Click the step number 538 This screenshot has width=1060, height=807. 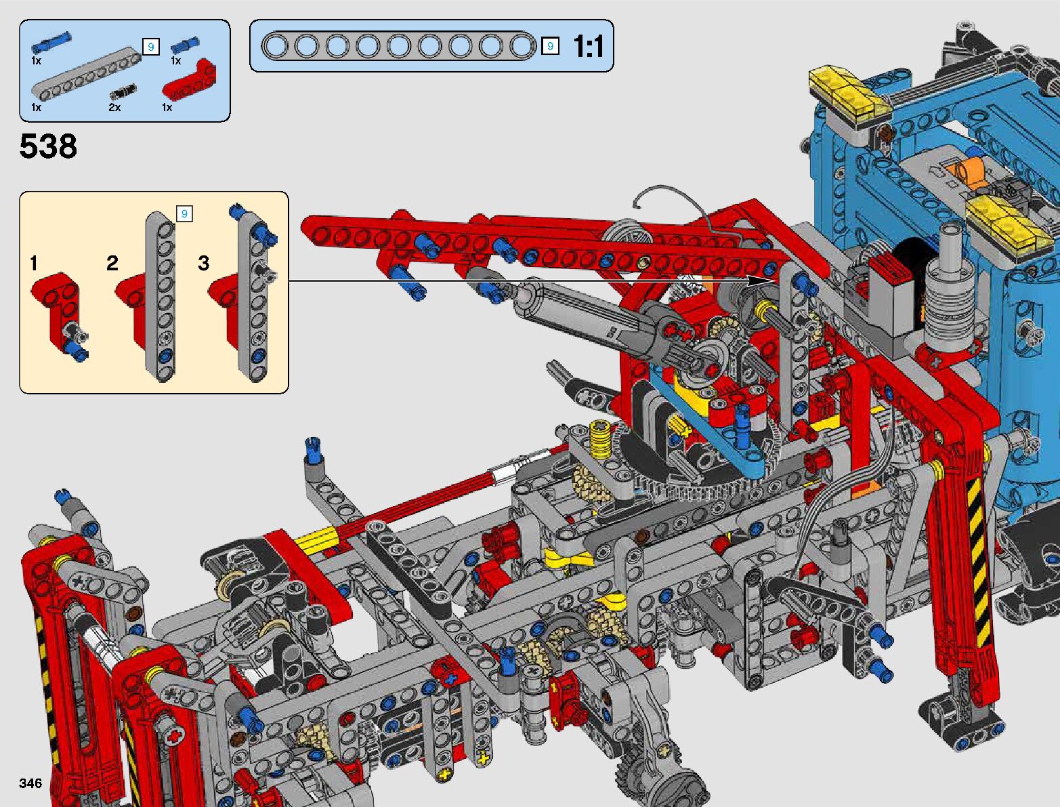[x=48, y=146]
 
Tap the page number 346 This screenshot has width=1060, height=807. [x=30, y=783]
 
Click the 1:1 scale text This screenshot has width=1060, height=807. [x=588, y=47]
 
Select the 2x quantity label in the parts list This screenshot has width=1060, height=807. [x=114, y=107]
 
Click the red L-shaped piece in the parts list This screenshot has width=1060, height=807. [x=189, y=79]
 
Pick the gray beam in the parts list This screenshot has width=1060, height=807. [x=87, y=71]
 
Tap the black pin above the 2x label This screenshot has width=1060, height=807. [x=123, y=91]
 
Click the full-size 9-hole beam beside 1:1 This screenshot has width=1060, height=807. [x=398, y=46]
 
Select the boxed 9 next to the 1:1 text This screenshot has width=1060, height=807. [x=550, y=46]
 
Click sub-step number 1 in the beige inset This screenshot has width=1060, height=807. [x=33, y=263]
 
